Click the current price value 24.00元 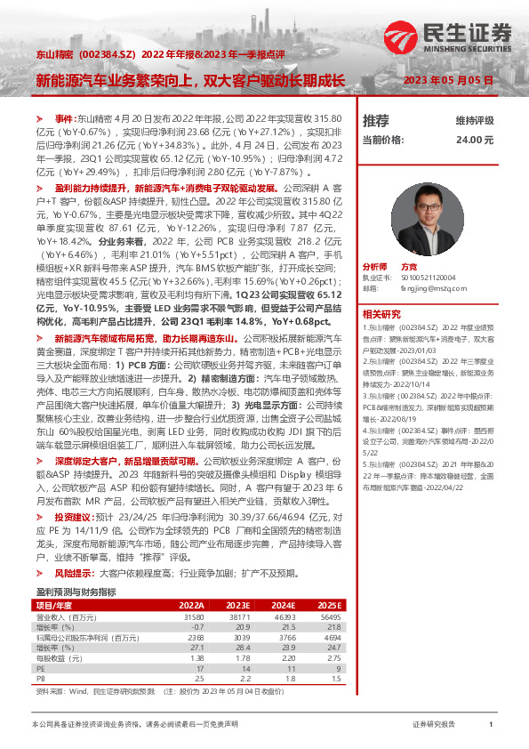pos(475,140)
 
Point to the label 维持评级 pos(474,120)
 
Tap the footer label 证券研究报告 pos(434,725)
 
